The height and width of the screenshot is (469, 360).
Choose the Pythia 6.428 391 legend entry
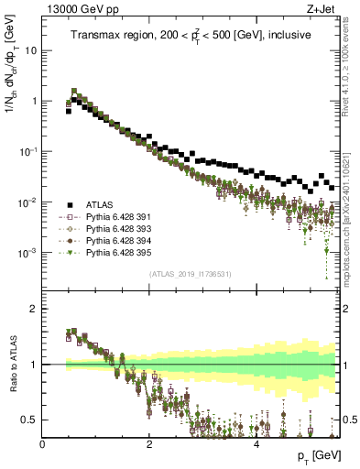click(x=123, y=217)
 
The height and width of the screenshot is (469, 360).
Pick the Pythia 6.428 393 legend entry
click(x=123, y=229)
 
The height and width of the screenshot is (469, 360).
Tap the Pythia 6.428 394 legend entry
click(x=123, y=241)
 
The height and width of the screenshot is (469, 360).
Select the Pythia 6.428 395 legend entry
click(x=123, y=253)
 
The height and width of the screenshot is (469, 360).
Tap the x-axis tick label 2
click(x=149, y=442)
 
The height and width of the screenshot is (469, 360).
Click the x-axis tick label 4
click(x=256, y=442)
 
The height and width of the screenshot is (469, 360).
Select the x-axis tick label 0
click(x=43, y=442)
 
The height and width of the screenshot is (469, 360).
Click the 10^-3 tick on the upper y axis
click(x=27, y=253)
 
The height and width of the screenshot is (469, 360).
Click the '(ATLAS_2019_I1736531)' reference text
click(x=191, y=274)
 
